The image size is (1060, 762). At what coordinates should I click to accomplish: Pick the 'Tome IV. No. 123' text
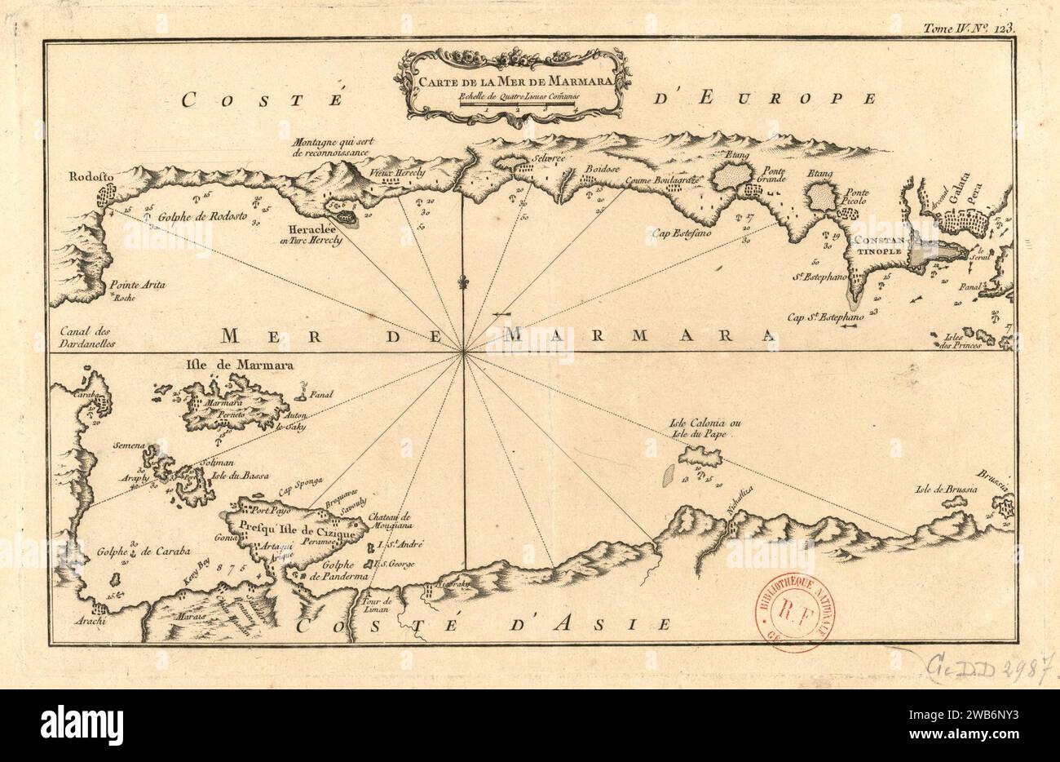(969, 26)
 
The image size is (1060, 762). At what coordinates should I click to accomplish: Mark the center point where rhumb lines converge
(463, 352)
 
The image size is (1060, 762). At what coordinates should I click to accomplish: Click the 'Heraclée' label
(316, 230)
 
